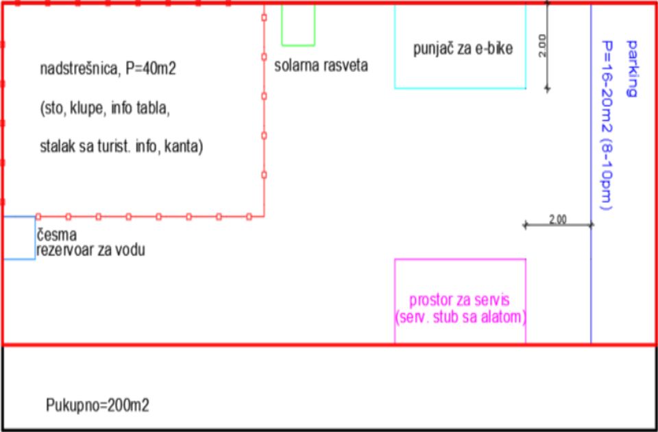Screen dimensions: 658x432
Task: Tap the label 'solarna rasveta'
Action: click(x=321, y=66)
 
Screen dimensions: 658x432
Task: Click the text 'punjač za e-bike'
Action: click(x=463, y=48)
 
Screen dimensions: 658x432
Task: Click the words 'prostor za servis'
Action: click(x=459, y=300)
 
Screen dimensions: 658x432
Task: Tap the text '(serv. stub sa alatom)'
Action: click(x=461, y=317)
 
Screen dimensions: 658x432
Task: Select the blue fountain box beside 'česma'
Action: click(x=35, y=238)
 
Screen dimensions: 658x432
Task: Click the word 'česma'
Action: click(x=57, y=235)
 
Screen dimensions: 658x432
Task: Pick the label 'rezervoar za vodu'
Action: click(x=90, y=250)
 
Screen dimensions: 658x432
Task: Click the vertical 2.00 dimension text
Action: click(x=543, y=45)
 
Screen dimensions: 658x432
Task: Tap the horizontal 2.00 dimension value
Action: click(x=558, y=219)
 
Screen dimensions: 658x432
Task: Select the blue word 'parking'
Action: click(x=631, y=69)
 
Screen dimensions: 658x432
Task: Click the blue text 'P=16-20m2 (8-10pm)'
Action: click(x=607, y=125)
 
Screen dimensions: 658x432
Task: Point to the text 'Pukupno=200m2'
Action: click(x=97, y=405)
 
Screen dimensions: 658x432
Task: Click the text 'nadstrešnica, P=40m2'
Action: click(x=108, y=69)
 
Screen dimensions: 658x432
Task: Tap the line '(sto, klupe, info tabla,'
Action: click(x=105, y=108)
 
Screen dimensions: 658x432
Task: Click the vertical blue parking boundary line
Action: click(x=591, y=173)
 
